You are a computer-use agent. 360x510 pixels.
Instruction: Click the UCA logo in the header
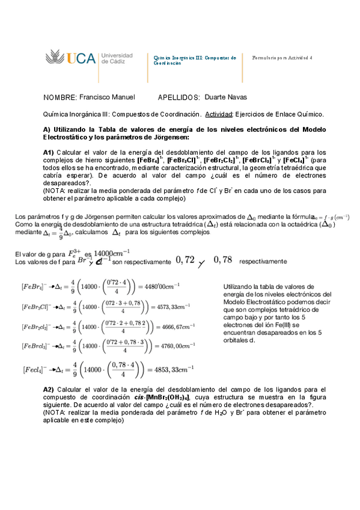coord(71,58)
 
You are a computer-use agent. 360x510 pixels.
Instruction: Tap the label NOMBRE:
coord(60,97)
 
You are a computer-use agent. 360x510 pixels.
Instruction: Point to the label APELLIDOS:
coord(178,97)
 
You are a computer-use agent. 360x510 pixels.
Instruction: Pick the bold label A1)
coord(50,152)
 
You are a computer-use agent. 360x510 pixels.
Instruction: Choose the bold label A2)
coord(50,389)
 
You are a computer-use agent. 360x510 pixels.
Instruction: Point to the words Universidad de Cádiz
coord(117,58)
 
